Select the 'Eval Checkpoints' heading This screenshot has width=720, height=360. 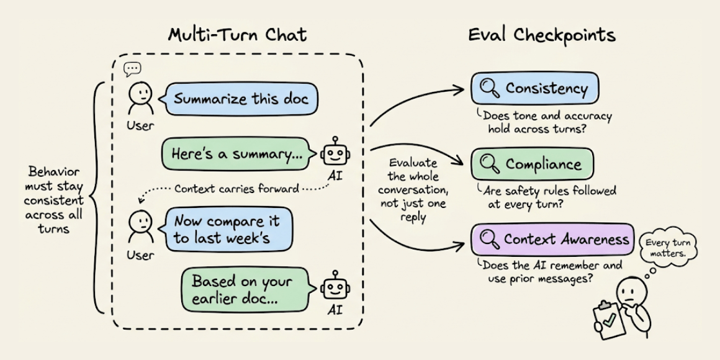click(542, 35)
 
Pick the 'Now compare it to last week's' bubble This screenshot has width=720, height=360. click(228, 229)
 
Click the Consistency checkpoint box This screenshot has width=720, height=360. click(534, 89)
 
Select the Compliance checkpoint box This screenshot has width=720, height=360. click(532, 164)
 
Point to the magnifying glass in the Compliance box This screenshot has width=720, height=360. click(488, 164)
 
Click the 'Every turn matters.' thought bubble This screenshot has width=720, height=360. click(668, 248)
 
